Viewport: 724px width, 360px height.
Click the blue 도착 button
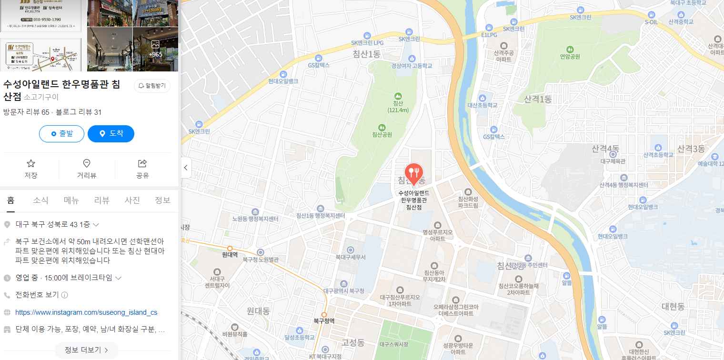(x=111, y=134)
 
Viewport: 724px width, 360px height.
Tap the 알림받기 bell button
(x=152, y=86)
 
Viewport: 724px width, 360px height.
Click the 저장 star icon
(x=31, y=164)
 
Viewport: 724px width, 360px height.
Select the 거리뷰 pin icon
(x=87, y=164)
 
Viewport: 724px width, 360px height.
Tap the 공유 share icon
(x=142, y=164)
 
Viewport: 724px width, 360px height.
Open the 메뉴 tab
(x=71, y=200)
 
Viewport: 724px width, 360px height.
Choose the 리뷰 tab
(x=101, y=200)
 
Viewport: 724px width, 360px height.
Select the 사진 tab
(x=132, y=200)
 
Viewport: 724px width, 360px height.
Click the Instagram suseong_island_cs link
(x=86, y=312)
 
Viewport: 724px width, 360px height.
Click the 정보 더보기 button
(x=87, y=350)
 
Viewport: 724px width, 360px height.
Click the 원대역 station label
(x=230, y=255)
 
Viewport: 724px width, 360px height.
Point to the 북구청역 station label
(x=324, y=321)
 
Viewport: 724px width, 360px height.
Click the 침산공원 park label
(x=382, y=134)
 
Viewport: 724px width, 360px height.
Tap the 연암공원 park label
(x=570, y=56)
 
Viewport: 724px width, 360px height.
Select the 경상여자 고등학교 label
(x=412, y=66)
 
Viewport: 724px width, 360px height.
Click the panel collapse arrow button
(x=186, y=168)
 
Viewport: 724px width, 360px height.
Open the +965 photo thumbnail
(x=155, y=49)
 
